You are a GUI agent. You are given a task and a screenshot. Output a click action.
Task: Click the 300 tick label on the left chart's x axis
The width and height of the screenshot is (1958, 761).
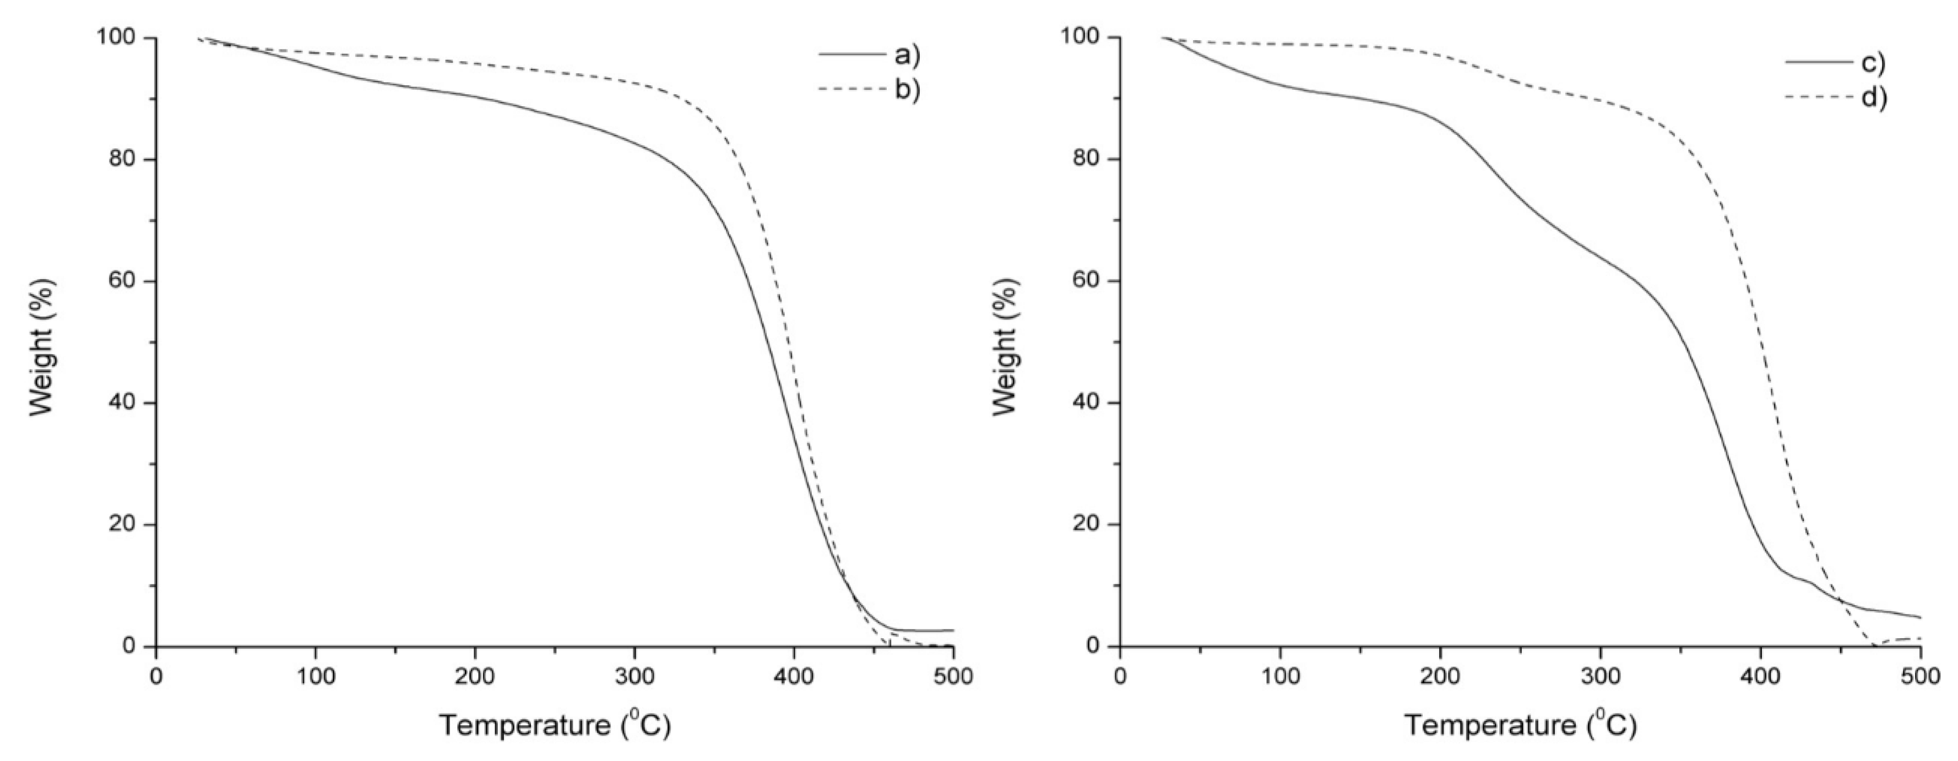click(634, 676)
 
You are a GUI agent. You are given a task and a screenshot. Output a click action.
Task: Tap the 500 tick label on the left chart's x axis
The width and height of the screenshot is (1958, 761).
click(953, 676)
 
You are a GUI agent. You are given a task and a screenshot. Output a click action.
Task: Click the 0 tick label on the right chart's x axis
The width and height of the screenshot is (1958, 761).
click(1120, 676)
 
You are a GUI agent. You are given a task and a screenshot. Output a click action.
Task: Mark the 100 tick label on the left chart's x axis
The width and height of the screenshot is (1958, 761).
click(316, 676)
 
